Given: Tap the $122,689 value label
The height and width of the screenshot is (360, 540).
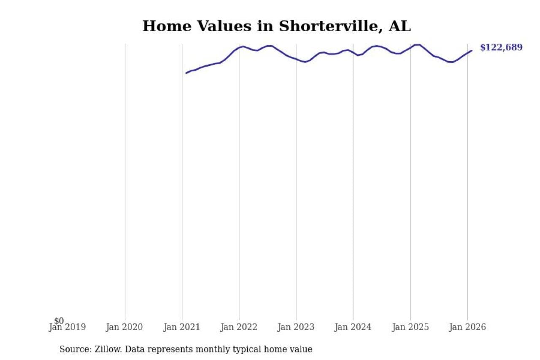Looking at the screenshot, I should [x=501, y=48].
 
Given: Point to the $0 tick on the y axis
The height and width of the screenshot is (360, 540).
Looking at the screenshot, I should [x=59, y=321].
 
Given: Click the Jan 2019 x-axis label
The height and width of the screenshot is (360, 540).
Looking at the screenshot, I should [x=67, y=328].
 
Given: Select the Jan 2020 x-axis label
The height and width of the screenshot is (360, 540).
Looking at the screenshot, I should [x=124, y=328].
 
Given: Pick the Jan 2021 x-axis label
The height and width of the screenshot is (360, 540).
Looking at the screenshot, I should [x=182, y=328].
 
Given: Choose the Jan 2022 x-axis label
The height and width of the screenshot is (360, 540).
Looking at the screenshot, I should [x=239, y=328].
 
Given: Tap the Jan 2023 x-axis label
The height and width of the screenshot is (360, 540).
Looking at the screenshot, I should [x=296, y=328].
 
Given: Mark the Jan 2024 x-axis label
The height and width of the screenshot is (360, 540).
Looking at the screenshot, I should [x=353, y=328].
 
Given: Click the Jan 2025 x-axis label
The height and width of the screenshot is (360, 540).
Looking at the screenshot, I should [x=410, y=328].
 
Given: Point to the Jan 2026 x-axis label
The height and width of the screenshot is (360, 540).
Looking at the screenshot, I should [x=467, y=328].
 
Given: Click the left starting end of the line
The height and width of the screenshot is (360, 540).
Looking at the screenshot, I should [x=186, y=73].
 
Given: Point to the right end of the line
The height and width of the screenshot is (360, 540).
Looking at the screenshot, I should [x=472, y=50].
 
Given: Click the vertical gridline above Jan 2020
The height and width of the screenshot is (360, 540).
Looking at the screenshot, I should [x=125, y=169].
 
